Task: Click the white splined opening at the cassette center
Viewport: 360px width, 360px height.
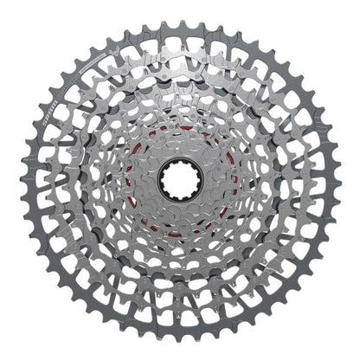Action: click(181, 180)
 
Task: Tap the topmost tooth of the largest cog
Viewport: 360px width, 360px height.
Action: click(180, 23)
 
